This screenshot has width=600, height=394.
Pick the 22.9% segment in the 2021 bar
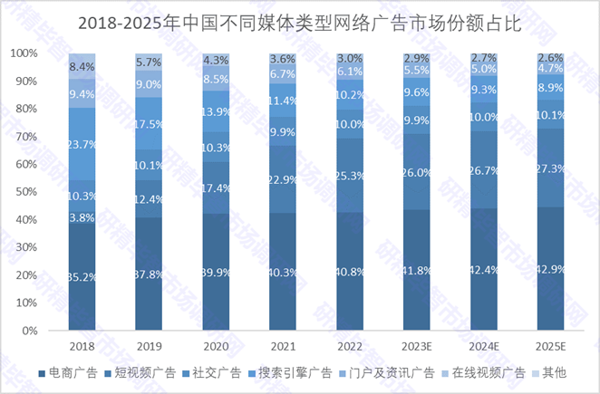point(282,180)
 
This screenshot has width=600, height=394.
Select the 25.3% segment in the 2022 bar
point(349,175)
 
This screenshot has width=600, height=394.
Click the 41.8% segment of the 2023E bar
point(416,271)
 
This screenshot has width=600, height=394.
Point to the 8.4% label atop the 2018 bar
point(82,66)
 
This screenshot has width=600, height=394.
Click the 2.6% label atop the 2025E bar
point(549,58)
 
